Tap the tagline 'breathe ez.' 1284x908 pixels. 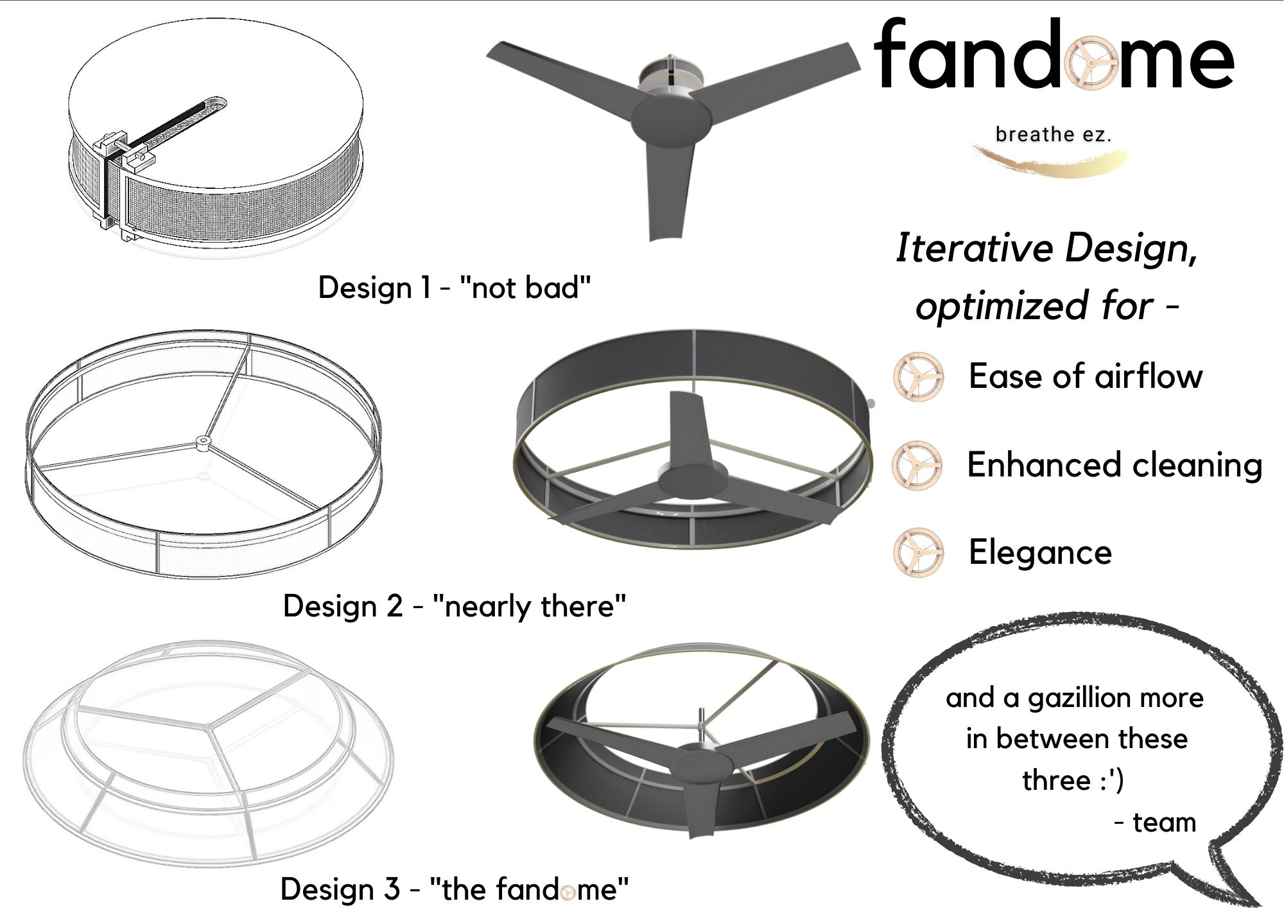tap(1053, 135)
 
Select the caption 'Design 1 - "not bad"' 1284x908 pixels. tap(454, 288)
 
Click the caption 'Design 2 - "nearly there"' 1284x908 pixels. tap(454, 606)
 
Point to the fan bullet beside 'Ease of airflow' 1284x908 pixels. tap(919, 376)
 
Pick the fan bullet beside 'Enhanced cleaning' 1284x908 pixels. tap(917, 465)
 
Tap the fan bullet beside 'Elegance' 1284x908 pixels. tap(919, 552)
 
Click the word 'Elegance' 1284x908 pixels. tap(1040, 552)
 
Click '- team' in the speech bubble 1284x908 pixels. tap(1156, 823)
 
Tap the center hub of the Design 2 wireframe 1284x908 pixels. tap(203, 441)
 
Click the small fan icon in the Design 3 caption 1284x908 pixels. tap(567, 892)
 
